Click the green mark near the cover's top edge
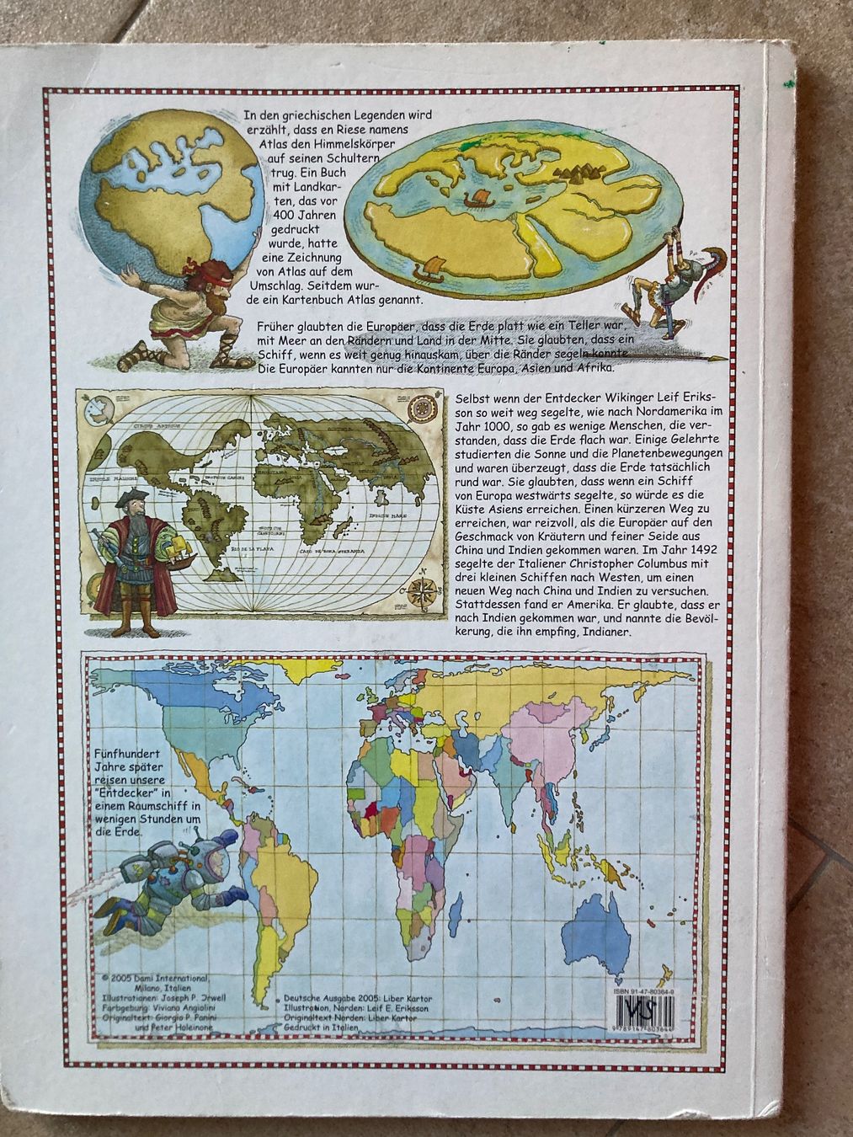tap(786, 83)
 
